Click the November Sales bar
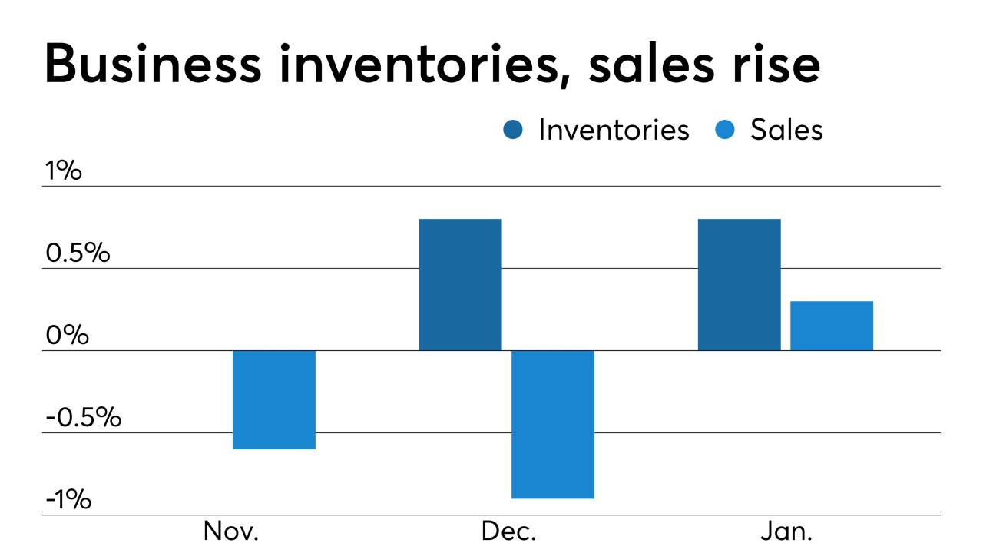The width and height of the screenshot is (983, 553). [x=274, y=399]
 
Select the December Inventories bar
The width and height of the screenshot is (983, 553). [x=460, y=284]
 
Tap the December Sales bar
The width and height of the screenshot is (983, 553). [x=553, y=424]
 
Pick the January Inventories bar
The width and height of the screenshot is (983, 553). [x=739, y=284]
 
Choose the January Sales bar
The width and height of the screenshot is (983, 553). [x=832, y=326]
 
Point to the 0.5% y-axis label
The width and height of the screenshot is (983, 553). [x=78, y=253]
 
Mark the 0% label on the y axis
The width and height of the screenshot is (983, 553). [x=67, y=336]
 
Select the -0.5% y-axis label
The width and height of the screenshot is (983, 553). [x=83, y=419]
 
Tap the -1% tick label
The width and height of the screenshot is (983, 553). [x=68, y=501]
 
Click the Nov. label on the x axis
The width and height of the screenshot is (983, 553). [x=231, y=532]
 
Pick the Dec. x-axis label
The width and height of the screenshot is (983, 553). [x=509, y=532]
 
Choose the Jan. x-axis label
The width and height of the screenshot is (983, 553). [x=787, y=532]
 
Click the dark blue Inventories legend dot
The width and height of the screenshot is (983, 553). [x=513, y=130]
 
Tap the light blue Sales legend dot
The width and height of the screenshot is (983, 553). [x=725, y=130]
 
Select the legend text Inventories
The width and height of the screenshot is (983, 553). [x=614, y=130]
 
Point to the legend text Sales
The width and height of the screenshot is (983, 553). [x=786, y=130]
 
